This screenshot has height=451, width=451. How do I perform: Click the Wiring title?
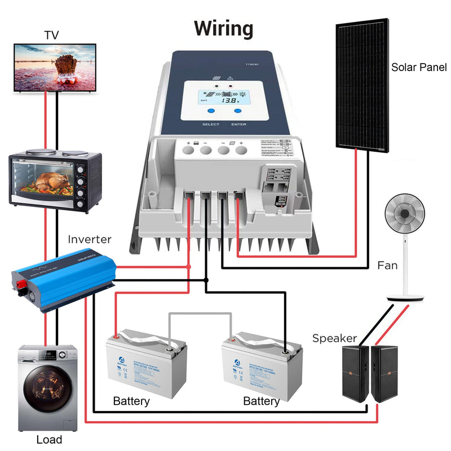coord(224,28)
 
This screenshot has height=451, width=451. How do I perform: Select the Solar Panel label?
coord(419,68)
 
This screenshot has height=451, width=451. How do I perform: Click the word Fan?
coord(388,265)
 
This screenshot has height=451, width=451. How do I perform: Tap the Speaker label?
coord(334,338)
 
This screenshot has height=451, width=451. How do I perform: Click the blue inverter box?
coord(62,279)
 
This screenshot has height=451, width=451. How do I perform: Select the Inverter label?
coord(90,239)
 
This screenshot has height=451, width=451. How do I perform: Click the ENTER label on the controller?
coord(238,124)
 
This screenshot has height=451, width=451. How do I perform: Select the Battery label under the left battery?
coord(131,401)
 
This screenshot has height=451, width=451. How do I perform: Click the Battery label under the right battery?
coord(261,401)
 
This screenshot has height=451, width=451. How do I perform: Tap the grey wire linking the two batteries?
coord(200,313)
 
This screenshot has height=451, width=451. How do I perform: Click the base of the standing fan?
coord(405,297)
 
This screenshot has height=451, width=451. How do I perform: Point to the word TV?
coord(51,36)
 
